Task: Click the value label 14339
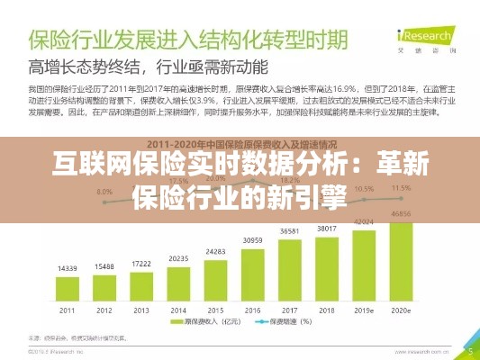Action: point(67,269)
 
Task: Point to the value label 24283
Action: point(215,251)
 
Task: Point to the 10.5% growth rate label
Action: point(364,189)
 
